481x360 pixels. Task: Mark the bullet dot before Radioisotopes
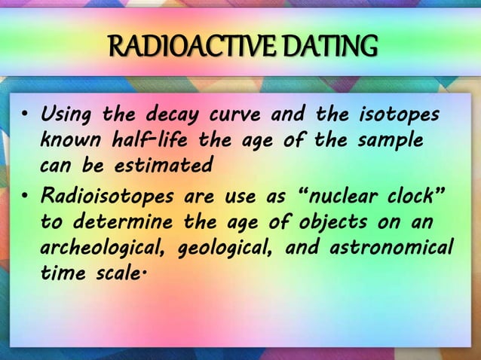tap(25, 198)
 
